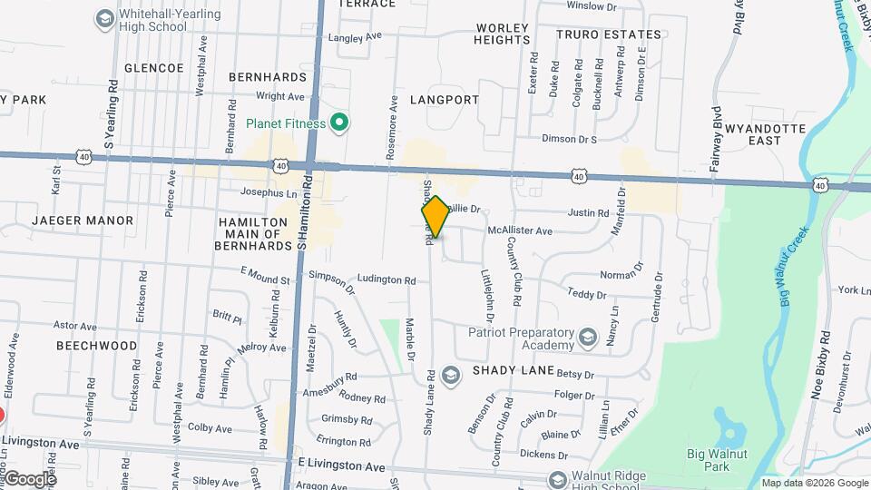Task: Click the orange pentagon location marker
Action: click(435, 217)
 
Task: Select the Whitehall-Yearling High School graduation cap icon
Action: click(104, 18)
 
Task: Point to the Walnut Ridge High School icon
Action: click(557, 479)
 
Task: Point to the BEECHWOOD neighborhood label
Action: click(96, 346)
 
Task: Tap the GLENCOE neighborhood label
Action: click(153, 68)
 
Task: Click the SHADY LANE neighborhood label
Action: click(506, 371)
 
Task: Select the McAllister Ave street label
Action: click(520, 231)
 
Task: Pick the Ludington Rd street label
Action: click(391, 279)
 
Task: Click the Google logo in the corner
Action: click(29, 478)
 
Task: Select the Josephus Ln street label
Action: click(269, 192)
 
